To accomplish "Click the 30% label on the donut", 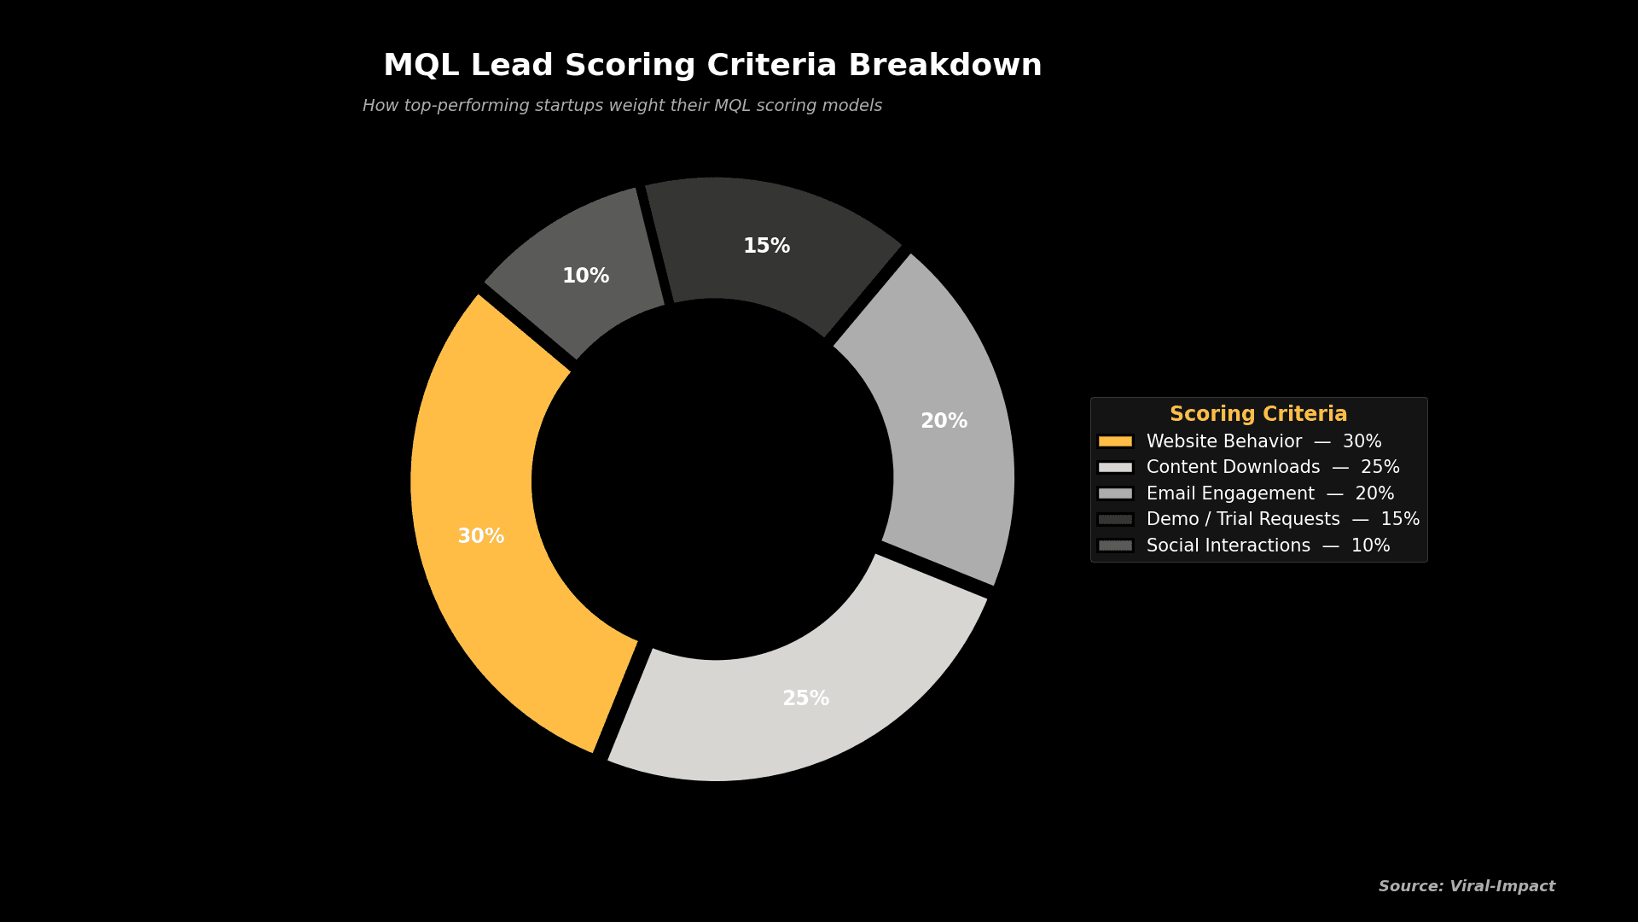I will click(480, 536).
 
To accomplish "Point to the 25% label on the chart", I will click(805, 698).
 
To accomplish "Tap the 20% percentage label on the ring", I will click(944, 421).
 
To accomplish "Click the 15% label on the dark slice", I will click(766, 246).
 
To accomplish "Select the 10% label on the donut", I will click(585, 276).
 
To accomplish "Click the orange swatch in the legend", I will click(1115, 441).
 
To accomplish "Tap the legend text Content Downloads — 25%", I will click(1272, 467).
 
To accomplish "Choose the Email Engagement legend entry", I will click(1269, 493).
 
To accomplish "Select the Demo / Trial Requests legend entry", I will click(1282, 519).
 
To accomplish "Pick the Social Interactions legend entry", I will click(1268, 546).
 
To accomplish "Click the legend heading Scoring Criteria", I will click(1258, 414).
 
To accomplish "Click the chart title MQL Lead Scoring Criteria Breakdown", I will click(712, 66).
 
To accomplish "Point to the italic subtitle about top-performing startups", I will click(622, 106).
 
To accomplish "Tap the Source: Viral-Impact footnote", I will click(1466, 886).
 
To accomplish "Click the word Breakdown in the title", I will click(944, 66).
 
